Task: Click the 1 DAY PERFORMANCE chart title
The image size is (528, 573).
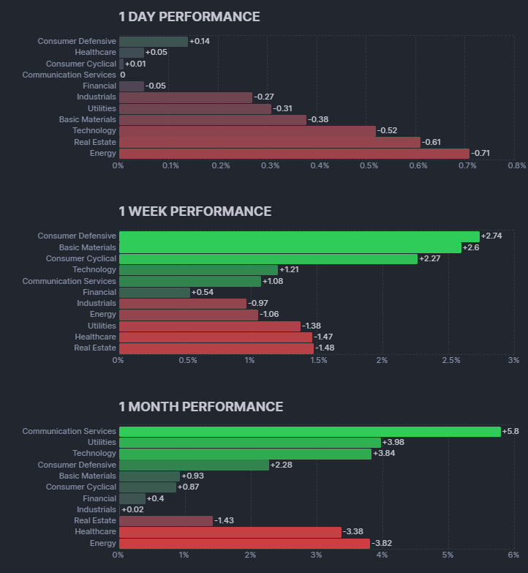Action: (x=189, y=16)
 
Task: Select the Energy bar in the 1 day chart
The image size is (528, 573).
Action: (x=293, y=154)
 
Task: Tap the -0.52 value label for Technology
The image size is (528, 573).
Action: (x=388, y=131)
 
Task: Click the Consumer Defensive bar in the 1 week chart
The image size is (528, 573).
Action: (x=298, y=236)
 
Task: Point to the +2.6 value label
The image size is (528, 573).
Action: (x=472, y=248)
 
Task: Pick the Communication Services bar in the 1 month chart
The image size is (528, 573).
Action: (x=309, y=432)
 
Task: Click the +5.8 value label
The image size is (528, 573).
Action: (x=511, y=432)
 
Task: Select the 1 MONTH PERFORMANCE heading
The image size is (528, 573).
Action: (x=200, y=407)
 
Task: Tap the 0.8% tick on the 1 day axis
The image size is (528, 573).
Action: (x=516, y=166)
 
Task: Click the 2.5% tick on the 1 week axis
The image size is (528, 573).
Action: (x=448, y=361)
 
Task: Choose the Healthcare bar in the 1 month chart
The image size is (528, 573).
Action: (x=230, y=532)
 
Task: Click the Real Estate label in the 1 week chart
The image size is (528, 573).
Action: (x=95, y=348)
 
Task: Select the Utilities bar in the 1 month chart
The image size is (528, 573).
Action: (x=249, y=443)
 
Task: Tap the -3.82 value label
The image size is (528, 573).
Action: (x=382, y=544)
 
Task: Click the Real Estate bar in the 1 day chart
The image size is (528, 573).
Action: (x=269, y=142)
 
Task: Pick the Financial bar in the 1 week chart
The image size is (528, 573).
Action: (x=154, y=293)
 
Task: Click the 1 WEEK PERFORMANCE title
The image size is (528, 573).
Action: (x=195, y=211)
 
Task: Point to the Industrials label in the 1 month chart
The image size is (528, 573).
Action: (x=97, y=509)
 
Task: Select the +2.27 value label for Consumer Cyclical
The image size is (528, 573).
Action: (x=431, y=259)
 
